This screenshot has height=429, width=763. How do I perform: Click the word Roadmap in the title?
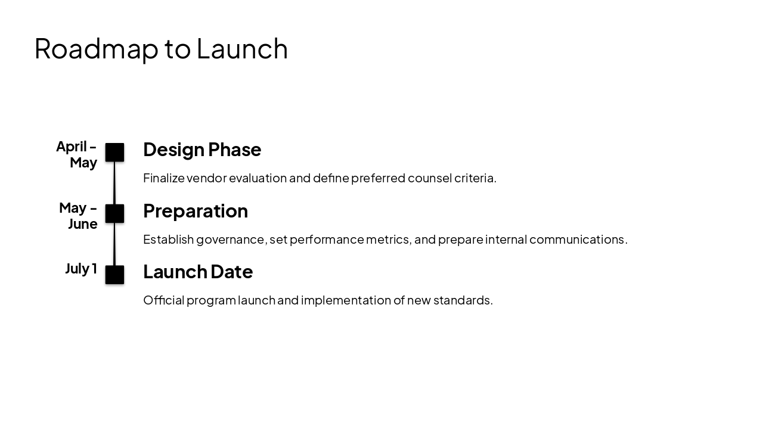pos(97,49)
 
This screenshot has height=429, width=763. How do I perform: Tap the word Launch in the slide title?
pos(242,49)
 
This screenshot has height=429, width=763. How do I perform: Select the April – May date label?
pos(77,154)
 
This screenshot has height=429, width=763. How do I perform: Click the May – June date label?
pos(78,216)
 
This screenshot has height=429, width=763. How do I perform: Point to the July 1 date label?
pos(81,269)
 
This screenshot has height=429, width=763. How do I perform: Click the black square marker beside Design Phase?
pos(114,153)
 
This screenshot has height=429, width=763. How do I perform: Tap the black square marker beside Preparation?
pos(114,213)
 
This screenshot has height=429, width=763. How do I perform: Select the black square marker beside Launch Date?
pos(114,275)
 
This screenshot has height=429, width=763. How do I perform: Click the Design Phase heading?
pos(202,150)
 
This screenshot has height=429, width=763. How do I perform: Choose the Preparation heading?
pos(196,211)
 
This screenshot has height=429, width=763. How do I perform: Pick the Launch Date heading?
pos(198,272)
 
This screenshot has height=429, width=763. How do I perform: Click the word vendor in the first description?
pos(206,178)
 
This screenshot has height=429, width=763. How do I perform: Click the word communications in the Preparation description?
pos(577,240)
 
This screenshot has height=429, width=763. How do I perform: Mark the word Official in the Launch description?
pos(163,300)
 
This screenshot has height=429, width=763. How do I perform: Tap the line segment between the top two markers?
pos(114,183)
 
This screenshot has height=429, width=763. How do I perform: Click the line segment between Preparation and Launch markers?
pos(114,244)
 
